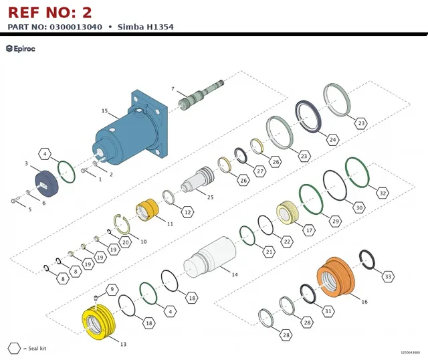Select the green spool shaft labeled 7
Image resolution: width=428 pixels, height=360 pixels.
pos(201,95)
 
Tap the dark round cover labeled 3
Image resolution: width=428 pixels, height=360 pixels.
pos(47,183)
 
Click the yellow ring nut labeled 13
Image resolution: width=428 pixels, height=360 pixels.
pos(98,322)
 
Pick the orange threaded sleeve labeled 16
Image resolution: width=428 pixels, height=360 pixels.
pos(336,277)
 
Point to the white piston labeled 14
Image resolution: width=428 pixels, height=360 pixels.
pos(209,258)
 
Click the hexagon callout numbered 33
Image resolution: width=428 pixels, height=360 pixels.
pos(388,277)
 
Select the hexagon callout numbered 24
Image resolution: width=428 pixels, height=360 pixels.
pos(333,140)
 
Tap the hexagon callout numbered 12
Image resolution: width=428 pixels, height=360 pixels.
pos(187,212)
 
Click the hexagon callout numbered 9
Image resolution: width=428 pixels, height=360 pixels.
pos(112,289)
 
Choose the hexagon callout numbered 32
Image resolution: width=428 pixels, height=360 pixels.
pos(383,193)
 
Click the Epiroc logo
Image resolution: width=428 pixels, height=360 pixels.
pos(21,49)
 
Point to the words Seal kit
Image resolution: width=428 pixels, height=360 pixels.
pos(37,348)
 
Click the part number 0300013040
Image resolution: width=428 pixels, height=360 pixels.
pos(76,27)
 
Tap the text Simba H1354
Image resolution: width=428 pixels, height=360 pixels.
pos(146,27)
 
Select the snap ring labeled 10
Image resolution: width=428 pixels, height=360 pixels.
pos(122,224)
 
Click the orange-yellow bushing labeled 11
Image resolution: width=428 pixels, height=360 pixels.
pos(147,209)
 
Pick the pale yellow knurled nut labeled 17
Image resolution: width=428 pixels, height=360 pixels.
pos(288,213)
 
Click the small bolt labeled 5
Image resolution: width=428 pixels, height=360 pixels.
pos(15,199)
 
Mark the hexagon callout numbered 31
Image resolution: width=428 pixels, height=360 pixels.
pos(328,311)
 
